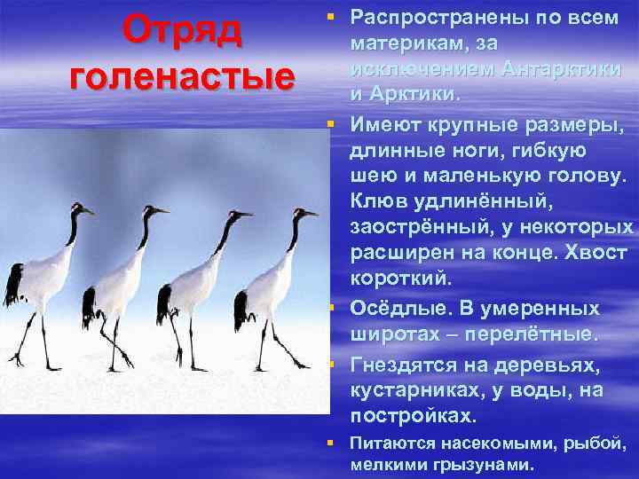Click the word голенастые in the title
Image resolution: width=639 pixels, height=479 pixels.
click(181, 75)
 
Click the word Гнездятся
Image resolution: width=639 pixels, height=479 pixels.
click(402, 364)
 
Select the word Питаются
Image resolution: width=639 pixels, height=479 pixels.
click(391, 443)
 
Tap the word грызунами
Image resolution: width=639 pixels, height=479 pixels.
click(491, 463)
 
